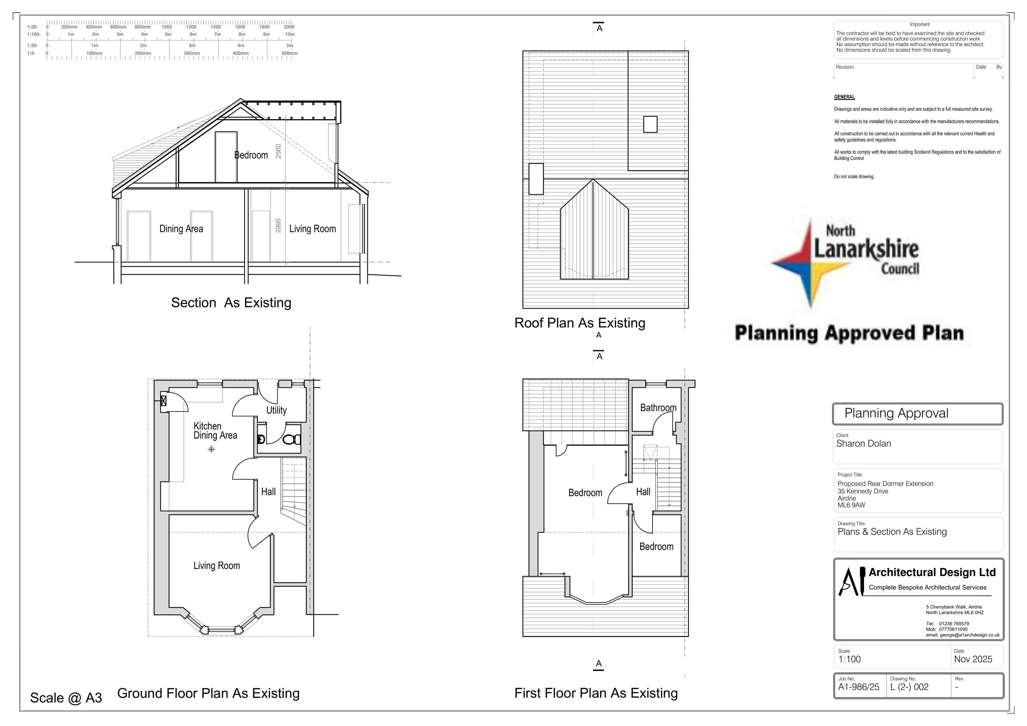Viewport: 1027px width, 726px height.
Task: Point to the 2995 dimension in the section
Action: pyautogui.click(x=278, y=225)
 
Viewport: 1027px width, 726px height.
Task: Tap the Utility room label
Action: pyautogui.click(x=276, y=410)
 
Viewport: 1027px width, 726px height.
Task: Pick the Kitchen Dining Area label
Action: pyautogui.click(x=215, y=431)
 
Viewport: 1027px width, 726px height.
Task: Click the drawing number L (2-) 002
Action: pyautogui.click(x=909, y=687)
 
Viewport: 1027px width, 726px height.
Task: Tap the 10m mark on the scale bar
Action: pyautogui.click(x=290, y=34)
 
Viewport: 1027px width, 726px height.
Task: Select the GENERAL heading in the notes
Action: pyautogui.click(x=844, y=97)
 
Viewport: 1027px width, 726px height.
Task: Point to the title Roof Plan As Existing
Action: pyautogui.click(x=580, y=323)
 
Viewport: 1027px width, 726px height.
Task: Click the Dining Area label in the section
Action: pyautogui.click(x=181, y=229)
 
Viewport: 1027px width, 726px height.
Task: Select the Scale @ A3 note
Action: pyautogui.click(x=66, y=698)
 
